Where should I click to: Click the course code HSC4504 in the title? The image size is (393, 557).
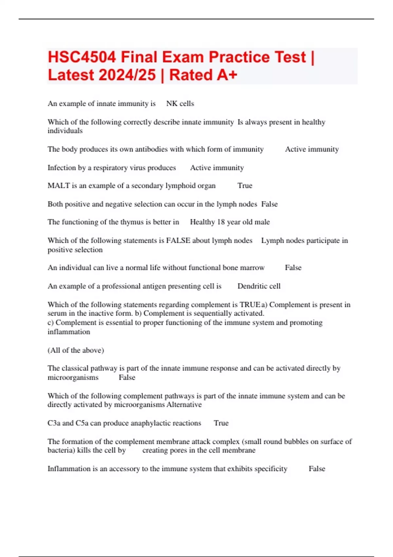tap(82, 57)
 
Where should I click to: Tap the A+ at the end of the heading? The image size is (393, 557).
tap(226, 75)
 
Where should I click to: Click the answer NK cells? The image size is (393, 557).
tap(180, 104)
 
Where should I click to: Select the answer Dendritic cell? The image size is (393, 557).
tap(259, 286)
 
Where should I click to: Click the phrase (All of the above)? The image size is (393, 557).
tap(76, 350)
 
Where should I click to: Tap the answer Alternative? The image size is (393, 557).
tap(184, 405)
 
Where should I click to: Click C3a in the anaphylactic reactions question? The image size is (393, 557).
tap(54, 423)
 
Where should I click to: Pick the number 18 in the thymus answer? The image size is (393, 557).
tap(221, 222)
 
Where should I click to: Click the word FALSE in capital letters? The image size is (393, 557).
tap(178, 240)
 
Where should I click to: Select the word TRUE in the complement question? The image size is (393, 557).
tap(250, 305)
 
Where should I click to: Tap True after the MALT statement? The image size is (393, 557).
tap(245, 186)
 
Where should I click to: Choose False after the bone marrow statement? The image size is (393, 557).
tap(293, 268)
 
